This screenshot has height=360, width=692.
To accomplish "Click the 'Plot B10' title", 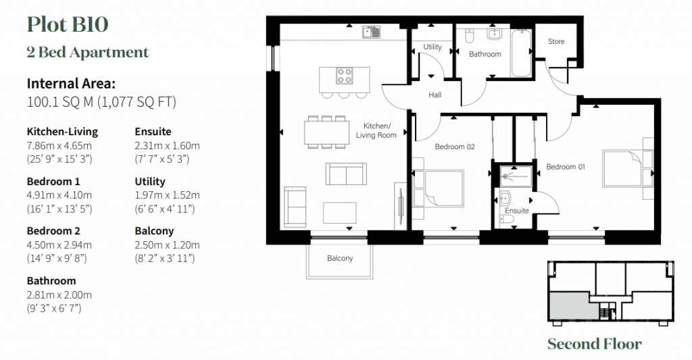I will (x=68, y=25).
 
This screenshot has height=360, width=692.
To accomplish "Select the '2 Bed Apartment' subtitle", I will (x=88, y=52).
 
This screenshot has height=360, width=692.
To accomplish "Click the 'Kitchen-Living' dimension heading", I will (x=62, y=132).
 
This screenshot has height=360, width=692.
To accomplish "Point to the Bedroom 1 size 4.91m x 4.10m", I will (x=59, y=195).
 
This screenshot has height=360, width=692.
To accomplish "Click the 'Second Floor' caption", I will (x=595, y=344).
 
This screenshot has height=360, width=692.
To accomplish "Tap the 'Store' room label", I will (x=556, y=42).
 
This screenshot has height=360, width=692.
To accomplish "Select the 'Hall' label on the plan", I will (x=435, y=95).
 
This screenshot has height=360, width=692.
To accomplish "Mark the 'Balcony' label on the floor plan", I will (x=340, y=259).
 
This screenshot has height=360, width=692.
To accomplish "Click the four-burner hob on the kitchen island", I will (x=345, y=75).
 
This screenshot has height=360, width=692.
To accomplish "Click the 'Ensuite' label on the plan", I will (x=517, y=211).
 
